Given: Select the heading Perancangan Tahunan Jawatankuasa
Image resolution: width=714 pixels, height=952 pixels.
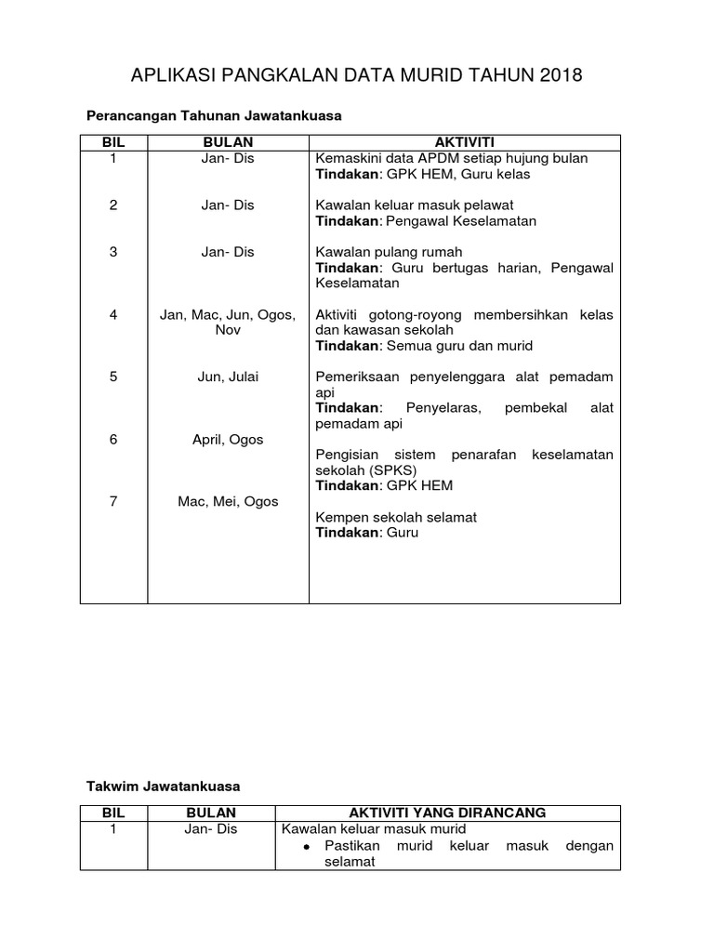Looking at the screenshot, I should point(215,116).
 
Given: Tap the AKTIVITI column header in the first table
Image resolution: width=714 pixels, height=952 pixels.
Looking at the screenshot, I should point(464,142).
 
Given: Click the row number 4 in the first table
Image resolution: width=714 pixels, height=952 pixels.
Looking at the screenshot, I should point(113,315).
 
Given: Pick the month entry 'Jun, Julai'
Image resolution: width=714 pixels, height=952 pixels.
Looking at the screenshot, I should point(228,377).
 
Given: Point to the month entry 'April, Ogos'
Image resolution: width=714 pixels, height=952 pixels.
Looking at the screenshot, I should point(228,439).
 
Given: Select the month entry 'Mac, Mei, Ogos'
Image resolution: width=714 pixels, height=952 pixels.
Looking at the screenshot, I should point(228,501).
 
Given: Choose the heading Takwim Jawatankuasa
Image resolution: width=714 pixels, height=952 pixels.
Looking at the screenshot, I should point(163,786).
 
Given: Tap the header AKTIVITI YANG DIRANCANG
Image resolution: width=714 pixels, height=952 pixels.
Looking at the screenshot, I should point(447,813).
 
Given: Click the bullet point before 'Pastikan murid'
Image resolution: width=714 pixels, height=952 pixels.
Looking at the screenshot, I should point(308,846).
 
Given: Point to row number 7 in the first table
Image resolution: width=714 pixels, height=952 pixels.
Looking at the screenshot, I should point(113,501).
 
